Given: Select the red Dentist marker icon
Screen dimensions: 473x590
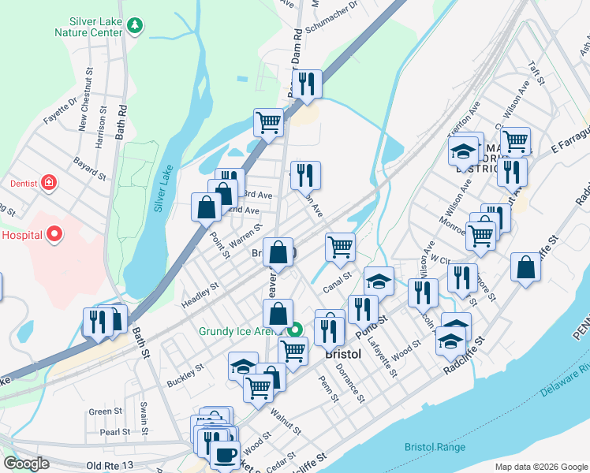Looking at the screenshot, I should point(49,183).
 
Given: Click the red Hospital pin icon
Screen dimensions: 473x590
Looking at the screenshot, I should point(54,234).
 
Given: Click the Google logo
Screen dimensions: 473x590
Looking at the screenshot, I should point(27,464).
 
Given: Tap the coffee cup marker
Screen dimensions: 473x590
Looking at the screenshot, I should point(225,454).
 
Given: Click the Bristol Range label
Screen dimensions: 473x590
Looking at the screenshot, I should point(435,447).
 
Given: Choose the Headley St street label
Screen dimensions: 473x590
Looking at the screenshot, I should point(200,292).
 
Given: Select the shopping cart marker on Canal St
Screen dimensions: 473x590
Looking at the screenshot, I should point(340,247).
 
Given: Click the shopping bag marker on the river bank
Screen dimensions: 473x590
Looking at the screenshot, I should point(525,267).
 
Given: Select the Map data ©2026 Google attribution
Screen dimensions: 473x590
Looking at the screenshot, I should point(540,467).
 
